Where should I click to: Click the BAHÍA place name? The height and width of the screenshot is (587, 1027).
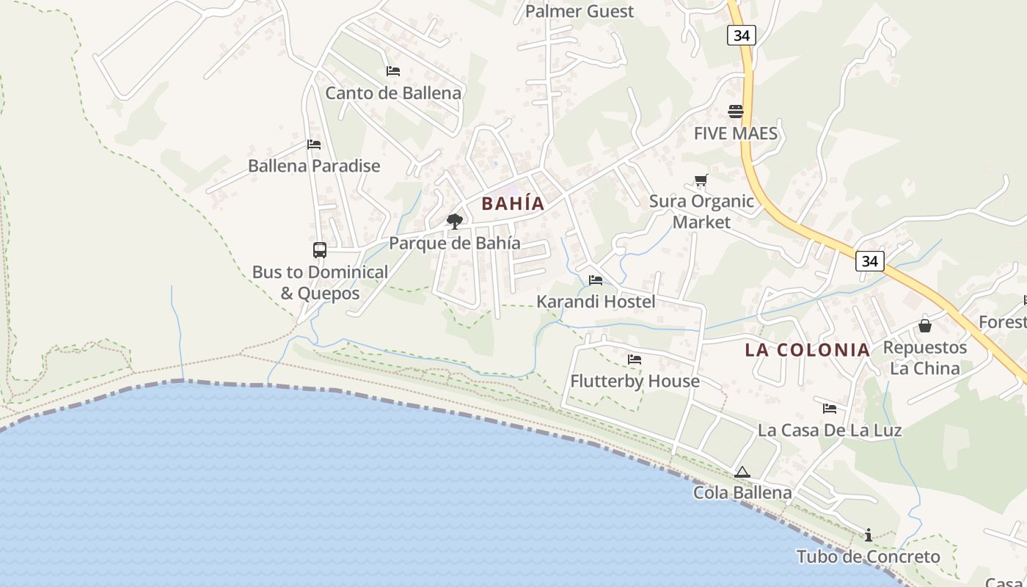[513, 204]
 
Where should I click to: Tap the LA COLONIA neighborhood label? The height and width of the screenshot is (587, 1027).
[808, 350]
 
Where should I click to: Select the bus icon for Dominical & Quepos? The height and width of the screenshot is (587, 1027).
[320, 250]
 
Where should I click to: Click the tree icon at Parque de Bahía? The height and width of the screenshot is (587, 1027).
[455, 221]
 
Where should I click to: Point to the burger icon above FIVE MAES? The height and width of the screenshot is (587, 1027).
[736, 112]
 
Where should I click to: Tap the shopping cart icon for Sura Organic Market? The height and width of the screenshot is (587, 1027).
[701, 180]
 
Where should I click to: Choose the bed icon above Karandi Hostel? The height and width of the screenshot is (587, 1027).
[596, 280]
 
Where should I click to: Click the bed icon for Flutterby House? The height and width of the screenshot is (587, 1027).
[635, 360]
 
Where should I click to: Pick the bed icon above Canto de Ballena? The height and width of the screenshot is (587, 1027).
[393, 71]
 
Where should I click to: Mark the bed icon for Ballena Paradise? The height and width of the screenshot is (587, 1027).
[314, 145]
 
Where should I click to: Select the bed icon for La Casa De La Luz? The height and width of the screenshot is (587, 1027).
[830, 409]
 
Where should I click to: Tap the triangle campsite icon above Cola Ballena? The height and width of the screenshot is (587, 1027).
[742, 472]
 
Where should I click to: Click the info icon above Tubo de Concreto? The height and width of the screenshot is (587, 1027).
[869, 535]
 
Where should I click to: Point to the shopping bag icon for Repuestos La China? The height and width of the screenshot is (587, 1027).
[925, 325]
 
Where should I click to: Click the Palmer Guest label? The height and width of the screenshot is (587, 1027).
[580, 11]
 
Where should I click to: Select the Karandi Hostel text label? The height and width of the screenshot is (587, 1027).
[596, 302]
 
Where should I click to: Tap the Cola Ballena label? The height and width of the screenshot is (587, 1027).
[742, 492]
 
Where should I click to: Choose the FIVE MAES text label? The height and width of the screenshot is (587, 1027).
[736, 134]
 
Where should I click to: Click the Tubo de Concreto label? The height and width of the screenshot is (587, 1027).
[869, 557]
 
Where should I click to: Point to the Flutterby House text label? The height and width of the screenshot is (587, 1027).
[635, 382]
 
